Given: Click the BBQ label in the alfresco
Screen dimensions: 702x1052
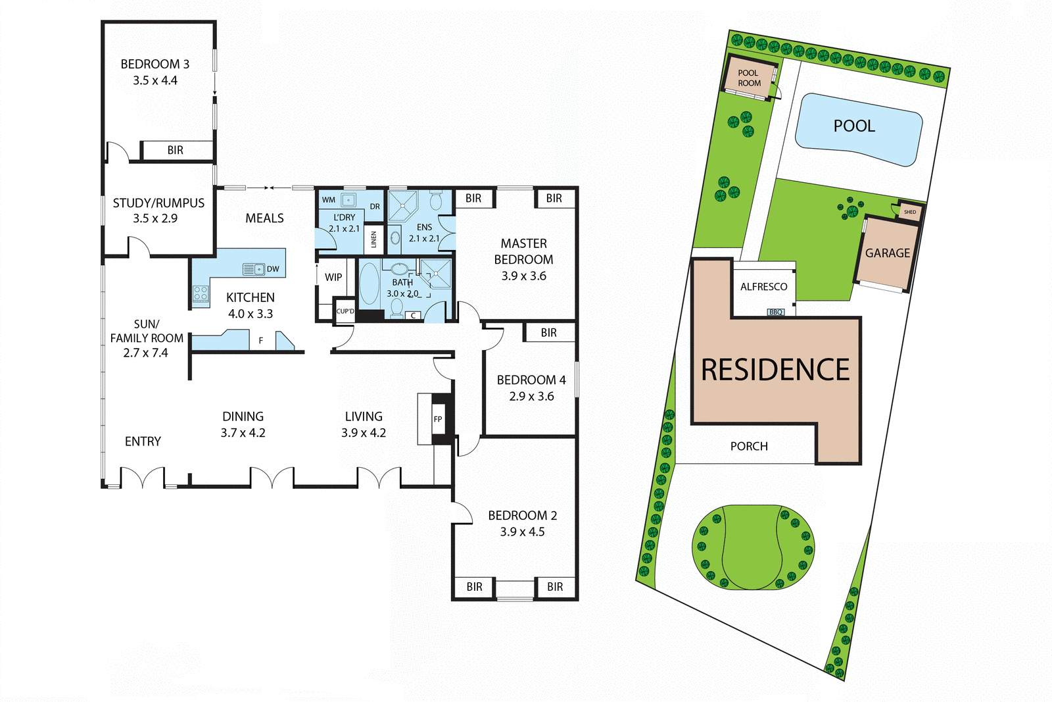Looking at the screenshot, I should pyautogui.click(x=776, y=312).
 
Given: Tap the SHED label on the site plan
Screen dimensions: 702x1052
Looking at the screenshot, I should pyautogui.click(x=910, y=212).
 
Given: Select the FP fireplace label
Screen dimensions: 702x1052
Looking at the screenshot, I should pyautogui.click(x=438, y=419).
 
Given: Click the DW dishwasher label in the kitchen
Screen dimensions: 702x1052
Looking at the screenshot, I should pyautogui.click(x=273, y=269).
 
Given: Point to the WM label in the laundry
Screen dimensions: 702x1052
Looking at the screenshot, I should pyautogui.click(x=329, y=200).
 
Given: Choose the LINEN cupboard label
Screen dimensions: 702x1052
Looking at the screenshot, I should pyautogui.click(x=374, y=239).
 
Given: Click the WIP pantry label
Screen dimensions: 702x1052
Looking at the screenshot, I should pyautogui.click(x=333, y=277).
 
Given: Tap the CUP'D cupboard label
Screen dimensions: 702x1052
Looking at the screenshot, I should pyautogui.click(x=345, y=311).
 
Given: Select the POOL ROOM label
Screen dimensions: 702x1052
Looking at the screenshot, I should pyautogui.click(x=749, y=78).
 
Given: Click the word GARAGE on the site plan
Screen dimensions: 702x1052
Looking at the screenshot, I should pyautogui.click(x=887, y=253).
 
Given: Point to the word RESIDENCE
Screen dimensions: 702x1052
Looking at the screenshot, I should pyautogui.click(x=775, y=370).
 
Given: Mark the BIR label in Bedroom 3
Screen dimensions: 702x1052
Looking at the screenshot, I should pyautogui.click(x=176, y=150).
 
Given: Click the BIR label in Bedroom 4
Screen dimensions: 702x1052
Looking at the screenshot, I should pyautogui.click(x=548, y=333).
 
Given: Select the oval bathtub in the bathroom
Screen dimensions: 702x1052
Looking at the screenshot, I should pyautogui.click(x=370, y=284).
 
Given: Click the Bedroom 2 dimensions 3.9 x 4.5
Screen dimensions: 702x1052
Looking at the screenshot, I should pyautogui.click(x=522, y=532).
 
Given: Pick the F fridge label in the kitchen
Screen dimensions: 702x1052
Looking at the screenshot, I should pyautogui.click(x=261, y=340).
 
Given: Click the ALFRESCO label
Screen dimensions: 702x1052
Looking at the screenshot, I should pyautogui.click(x=763, y=287).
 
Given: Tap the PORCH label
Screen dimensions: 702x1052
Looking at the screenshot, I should pyautogui.click(x=749, y=446).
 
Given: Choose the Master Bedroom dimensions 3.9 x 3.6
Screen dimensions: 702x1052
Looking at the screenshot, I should pyautogui.click(x=523, y=276).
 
